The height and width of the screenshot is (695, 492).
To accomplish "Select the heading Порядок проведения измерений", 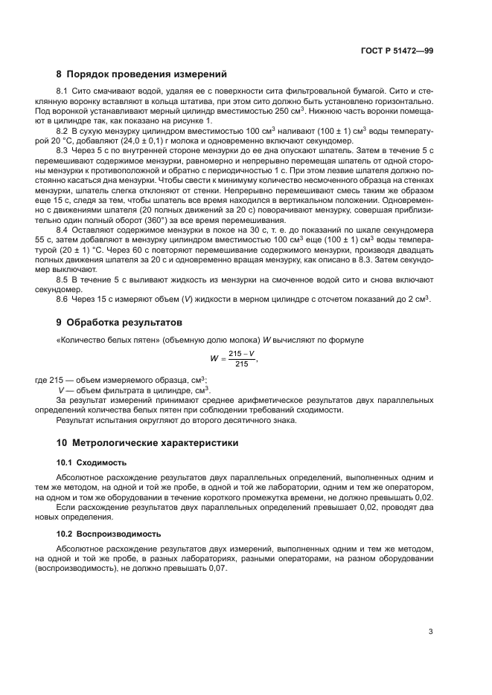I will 141,74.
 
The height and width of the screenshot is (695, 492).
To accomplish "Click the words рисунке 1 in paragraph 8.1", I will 194,120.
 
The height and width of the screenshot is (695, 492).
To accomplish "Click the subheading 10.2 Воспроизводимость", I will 105,534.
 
